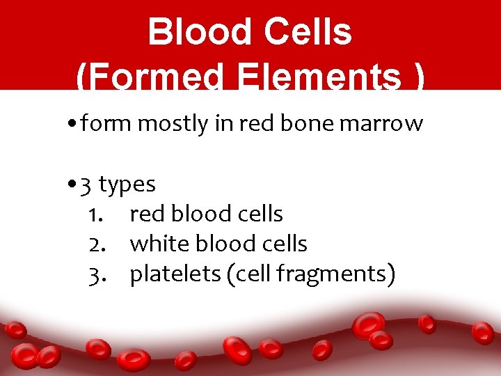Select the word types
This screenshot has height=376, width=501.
click(127, 185)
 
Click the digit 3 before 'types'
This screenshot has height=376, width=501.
click(86, 185)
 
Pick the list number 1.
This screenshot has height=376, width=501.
click(96, 214)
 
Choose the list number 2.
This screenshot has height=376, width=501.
click(96, 244)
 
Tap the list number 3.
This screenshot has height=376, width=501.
click(96, 274)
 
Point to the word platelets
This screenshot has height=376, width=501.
click(175, 274)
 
